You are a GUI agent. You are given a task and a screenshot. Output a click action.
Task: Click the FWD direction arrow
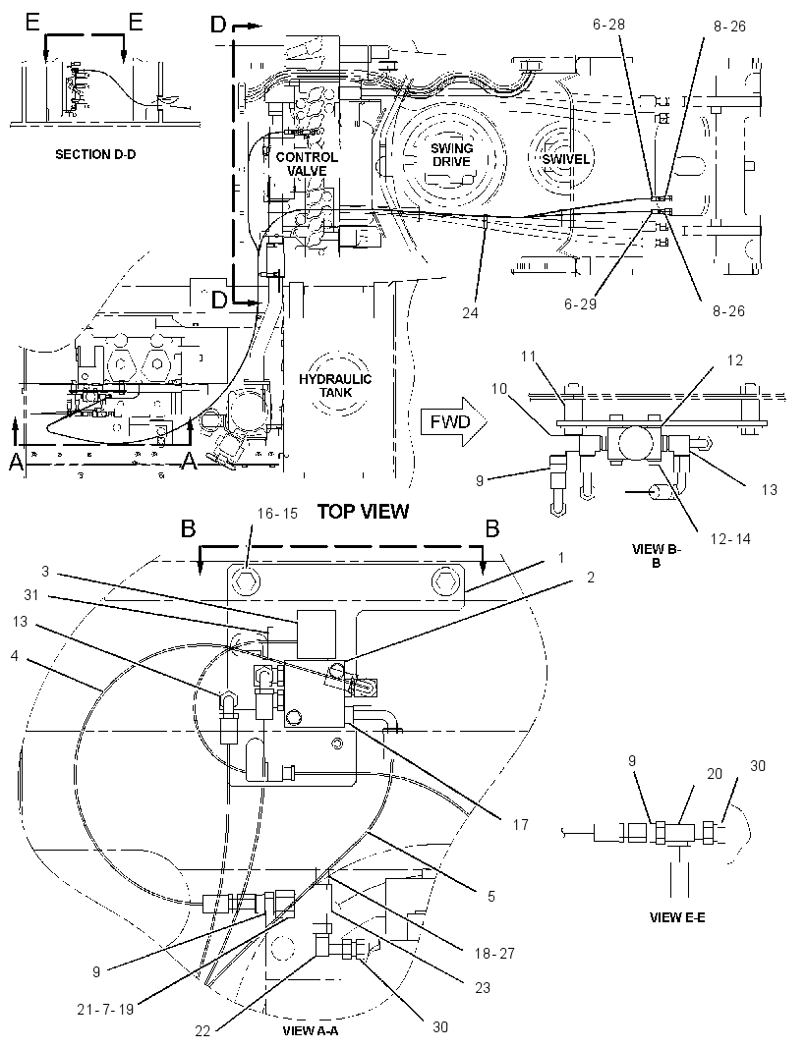[454, 422]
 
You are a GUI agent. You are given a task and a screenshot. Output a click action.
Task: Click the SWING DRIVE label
[451, 155]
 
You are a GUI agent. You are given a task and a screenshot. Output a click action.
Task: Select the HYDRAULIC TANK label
[335, 386]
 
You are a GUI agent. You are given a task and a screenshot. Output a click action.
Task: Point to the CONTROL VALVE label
[307, 164]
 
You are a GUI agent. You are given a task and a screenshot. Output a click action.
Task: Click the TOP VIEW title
[363, 512]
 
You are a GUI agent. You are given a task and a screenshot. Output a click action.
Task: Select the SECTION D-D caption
[95, 154]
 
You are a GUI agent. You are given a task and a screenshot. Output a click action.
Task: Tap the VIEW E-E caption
[677, 917]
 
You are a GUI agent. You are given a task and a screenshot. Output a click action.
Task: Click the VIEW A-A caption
[311, 1030]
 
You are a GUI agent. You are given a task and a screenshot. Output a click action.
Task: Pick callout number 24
[470, 312]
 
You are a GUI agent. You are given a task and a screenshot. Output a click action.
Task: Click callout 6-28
[608, 24]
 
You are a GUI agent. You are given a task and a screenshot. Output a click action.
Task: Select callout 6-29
[580, 304]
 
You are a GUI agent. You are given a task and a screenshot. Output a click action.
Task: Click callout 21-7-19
[105, 1010]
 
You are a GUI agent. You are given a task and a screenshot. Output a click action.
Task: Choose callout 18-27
[494, 953]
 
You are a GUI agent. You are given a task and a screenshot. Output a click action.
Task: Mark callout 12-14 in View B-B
[730, 538]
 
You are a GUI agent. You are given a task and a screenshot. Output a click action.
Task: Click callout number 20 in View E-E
[715, 773]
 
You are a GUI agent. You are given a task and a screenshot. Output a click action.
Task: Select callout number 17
[520, 825]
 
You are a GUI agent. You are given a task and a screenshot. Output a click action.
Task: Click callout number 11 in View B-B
[529, 357]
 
